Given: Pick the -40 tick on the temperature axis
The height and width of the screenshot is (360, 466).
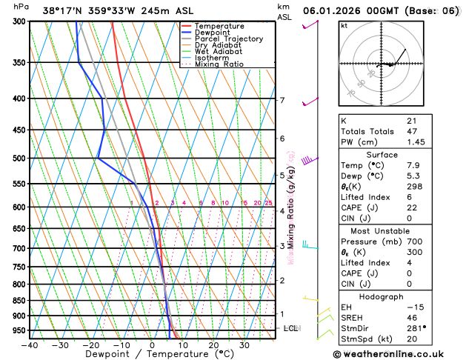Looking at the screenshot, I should tap(30, 344).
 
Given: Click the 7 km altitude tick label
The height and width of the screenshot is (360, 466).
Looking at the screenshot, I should tap(282, 100).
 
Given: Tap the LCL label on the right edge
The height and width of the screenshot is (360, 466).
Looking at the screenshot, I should tap(291, 328).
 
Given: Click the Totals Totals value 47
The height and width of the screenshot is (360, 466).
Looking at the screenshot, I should tap(412, 130).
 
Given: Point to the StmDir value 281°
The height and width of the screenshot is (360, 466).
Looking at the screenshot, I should tap(416, 328).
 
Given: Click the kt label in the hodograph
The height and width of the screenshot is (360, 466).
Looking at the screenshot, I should tap(344, 25).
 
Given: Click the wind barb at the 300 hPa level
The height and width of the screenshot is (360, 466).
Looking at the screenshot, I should tap(310, 26).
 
